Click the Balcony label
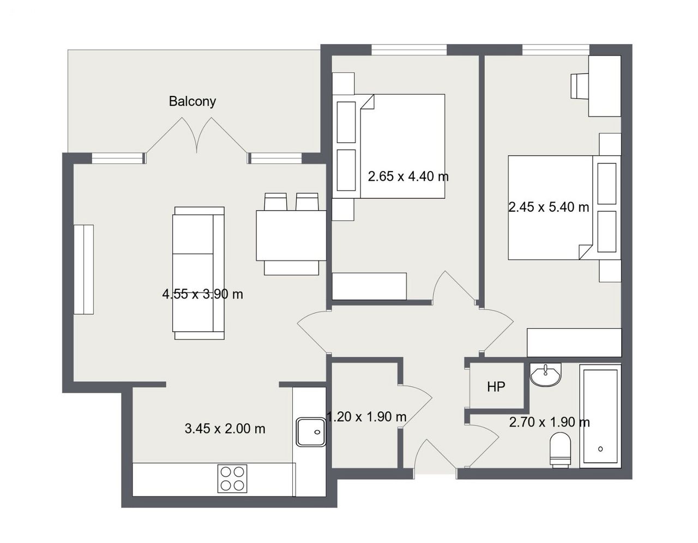click(x=192, y=102)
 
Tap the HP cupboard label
click(x=496, y=387)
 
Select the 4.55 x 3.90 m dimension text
click(x=202, y=294)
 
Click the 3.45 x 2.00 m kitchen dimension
click(x=225, y=429)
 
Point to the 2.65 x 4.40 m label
click(x=408, y=176)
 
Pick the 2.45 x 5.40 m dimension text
click(x=549, y=207)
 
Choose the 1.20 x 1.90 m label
click(x=366, y=417)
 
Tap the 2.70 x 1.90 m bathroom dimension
click(x=549, y=423)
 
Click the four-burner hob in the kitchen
click(x=232, y=479)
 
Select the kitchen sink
click(x=311, y=432)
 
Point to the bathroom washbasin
click(x=545, y=375)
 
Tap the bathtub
click(x=600, y=416)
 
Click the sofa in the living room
click(x=198, y=273)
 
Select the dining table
click(x=291, y=235)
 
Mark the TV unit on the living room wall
click(x=84, y=270)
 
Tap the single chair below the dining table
click(x=291, y=268)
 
